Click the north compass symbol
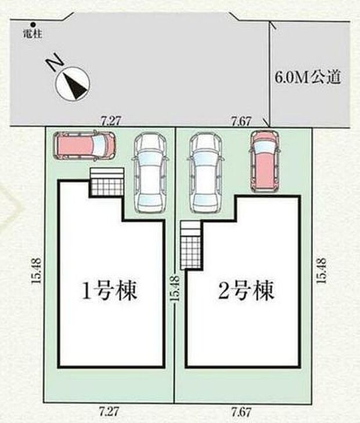coord(73,85)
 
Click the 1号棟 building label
coord(110,290)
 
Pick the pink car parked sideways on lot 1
coord(85,146)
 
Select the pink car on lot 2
coord(264,160)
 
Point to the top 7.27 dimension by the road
coord(110,121)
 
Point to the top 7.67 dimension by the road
coord(240,121)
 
